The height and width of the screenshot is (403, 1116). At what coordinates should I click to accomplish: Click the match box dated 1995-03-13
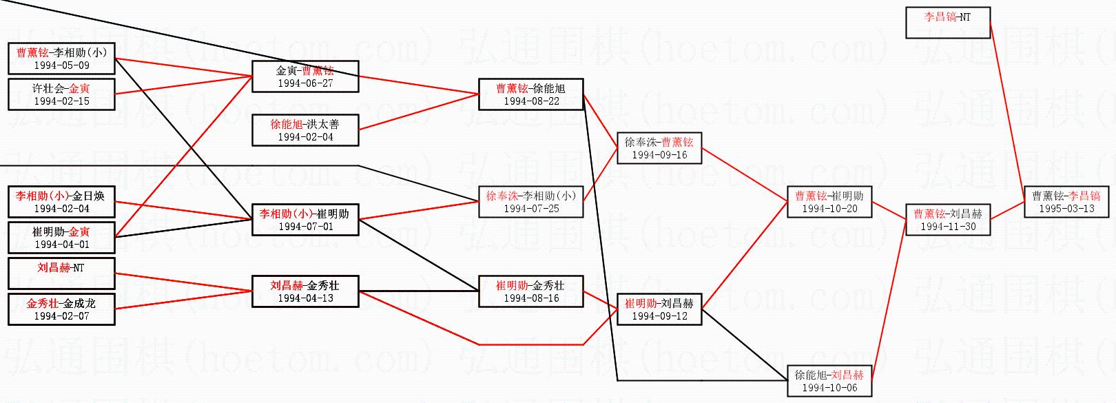pyautogui.click(x=1066, y=202)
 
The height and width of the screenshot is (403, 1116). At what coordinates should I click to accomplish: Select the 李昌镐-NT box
pyautogui.click(x=947, y=22)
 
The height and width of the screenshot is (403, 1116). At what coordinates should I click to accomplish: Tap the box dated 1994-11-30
pyautogui.click(x=948, y=220)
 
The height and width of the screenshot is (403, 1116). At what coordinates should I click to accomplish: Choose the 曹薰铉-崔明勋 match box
pyautogui.click(x=829, y=202)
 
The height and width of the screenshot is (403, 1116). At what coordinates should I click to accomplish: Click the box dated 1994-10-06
pyautogui.click(x=829, y=381)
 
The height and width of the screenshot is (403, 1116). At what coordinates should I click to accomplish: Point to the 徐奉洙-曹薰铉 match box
pyautogui.click(x=659, y=148)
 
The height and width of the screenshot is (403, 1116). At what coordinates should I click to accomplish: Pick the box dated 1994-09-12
pyautogui.click(x=659, y=309)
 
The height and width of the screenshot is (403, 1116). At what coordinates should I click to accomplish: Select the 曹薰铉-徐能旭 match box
pyautogui.click(x=531, y=94)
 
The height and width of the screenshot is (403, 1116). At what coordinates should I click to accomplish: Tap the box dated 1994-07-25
pyautogui.click(x=531, y=202)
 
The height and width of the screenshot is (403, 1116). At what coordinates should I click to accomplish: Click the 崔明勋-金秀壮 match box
pyautogui.click(x=531, y=291)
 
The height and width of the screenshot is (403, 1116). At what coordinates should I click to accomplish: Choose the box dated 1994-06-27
pyautogui.click(x=305, y=76)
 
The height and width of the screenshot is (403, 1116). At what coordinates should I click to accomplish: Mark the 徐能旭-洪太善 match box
pyautogui.click(x=305, y=130)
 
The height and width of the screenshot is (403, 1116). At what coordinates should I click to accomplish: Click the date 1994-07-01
pyautogui.click(x=305, y=227)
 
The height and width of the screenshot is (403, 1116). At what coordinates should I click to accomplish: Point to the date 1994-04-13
pyautogui.click(x=305, y=298)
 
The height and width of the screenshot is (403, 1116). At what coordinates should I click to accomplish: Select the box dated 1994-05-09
pyautogui.click(x=61, y=59)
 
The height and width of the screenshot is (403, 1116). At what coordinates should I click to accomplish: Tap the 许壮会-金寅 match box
pyautogui.click(x=61, y=94)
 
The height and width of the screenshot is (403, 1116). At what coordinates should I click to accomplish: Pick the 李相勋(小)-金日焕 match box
pyautogui.click(x=61, y=202)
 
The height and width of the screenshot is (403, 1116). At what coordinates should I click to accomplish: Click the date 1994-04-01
pyautogui.click(x=61, y=245)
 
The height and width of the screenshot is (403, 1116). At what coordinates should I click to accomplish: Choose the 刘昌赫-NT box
pyautogui.click(x=61, y=273)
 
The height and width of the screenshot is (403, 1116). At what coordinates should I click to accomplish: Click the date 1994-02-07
pyautogui.click(x=61, y=316)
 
